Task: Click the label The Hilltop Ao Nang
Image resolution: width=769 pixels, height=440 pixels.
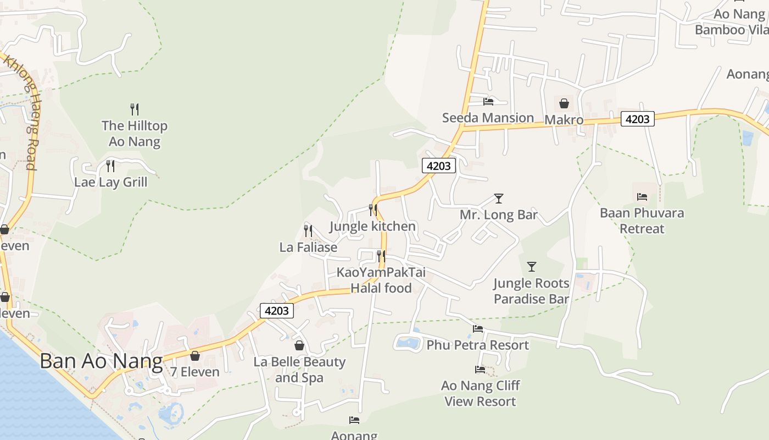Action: point(135,134)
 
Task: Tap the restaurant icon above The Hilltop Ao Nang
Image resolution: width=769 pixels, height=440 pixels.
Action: point(135,109)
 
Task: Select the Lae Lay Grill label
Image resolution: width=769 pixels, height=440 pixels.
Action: point(111,182)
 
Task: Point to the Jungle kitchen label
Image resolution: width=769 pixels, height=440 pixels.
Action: point(372,227)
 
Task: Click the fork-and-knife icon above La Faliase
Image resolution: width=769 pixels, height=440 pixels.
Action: point(308,230)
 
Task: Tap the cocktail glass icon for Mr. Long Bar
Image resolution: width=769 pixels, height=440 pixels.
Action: point(499,198)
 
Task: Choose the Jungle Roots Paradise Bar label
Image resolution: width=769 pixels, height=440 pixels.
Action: point(531,291)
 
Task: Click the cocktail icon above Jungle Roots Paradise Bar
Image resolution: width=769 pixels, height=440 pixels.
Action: point(532,267)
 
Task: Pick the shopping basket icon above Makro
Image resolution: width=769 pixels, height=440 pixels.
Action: point(564,103)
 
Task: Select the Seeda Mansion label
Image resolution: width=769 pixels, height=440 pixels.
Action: point(488,118)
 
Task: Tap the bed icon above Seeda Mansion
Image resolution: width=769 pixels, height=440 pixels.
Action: point(488,101)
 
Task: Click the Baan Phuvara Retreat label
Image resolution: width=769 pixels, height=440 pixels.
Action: point(642,221)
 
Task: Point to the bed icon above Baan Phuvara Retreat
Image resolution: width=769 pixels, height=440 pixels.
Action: point(642,196)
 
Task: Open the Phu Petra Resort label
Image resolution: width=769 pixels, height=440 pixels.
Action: point(477,345)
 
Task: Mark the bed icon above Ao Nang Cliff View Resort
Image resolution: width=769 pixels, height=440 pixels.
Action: point(480,370)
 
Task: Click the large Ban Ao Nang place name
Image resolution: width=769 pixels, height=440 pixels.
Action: point(101,361)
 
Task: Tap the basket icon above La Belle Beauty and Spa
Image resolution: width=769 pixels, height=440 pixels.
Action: point(299,345)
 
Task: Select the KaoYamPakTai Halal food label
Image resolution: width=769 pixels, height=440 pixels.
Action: point(381,280)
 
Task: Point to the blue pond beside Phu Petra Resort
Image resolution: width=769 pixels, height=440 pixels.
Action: point(408,343)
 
